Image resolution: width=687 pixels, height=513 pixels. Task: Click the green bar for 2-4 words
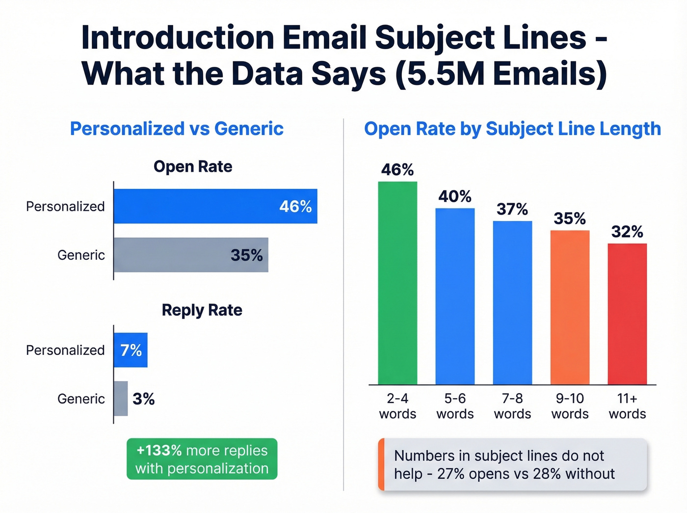tap(397, 283)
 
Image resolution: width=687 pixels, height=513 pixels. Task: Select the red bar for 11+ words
tap(627, 314)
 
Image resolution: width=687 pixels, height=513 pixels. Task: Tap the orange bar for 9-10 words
tap(570, 307)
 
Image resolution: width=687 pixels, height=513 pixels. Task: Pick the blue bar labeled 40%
tap(455, 296)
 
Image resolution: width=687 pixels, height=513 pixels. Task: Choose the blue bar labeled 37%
tap(512, 302)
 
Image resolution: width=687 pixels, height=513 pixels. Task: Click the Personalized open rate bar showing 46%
tap(215, 206)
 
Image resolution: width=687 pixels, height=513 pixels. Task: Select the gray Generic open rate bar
tap(191, 255)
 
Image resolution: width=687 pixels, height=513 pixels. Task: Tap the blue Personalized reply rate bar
tap(131, 350)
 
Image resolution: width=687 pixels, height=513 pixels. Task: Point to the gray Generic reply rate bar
tap(121, 399)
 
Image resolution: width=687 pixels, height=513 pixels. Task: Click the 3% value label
tap(144, 399)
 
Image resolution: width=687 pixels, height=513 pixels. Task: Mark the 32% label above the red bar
tap(627, 232)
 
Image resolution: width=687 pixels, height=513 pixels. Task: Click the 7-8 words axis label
tap(512, 406)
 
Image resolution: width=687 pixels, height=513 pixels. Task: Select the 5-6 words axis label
tap(455, 406)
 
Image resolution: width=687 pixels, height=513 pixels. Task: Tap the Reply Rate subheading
tap(202, 310)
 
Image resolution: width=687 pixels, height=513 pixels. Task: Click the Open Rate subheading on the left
tap(193, 166)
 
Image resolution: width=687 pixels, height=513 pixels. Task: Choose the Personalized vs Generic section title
tap(177, 129)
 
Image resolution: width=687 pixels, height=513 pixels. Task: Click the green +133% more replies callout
tap(202, 459)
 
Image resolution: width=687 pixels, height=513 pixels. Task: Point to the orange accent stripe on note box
tap(381, 464)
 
